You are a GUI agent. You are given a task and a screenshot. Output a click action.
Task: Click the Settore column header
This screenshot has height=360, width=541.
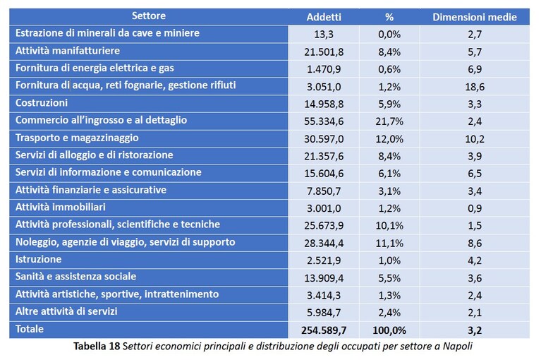(x=149, y=16)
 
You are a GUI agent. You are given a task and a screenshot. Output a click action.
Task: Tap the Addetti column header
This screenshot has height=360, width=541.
(x=324, y=17)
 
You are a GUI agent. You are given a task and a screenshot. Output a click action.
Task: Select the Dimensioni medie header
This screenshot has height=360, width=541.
(x=475, y=17)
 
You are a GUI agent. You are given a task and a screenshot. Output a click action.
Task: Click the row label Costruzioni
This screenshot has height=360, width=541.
(x=42, y=103)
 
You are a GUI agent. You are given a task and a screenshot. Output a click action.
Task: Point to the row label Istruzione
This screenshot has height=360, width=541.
(x=38, y=259)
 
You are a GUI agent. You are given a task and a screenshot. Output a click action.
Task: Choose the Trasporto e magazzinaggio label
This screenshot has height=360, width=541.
(x=77, y=138)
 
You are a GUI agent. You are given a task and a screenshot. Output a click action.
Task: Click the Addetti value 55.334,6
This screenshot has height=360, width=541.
(x=324, y=121)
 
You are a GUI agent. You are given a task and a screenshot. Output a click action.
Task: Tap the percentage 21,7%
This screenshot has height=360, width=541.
(x=389, y=121)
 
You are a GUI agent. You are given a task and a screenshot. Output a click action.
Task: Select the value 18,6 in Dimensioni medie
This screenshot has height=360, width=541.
(x=475, y=87)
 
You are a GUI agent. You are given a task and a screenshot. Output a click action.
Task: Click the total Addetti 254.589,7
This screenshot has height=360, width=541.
(x=324, y=330)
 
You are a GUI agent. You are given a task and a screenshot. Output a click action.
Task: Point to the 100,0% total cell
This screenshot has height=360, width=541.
(x=389, y=330)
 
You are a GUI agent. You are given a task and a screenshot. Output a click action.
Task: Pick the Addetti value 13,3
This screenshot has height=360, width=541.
(x=324, y=35)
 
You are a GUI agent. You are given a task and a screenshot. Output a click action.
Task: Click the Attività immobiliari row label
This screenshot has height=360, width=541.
(x=61, y=207)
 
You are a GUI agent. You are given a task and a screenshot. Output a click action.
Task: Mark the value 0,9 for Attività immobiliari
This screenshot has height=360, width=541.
(x=475, y=208)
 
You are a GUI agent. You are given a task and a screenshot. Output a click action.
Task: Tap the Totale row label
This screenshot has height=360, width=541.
(x=30, y=329)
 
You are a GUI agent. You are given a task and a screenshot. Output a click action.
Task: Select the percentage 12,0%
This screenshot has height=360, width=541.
(x=389, y=139)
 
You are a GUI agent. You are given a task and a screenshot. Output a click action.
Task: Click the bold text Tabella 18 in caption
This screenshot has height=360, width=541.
(x=97, y=346)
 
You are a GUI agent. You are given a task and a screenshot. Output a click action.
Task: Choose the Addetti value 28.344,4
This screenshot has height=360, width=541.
(x=324, y=244)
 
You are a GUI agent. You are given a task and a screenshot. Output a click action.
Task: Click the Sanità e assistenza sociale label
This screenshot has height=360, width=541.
(x=75, y=277)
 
